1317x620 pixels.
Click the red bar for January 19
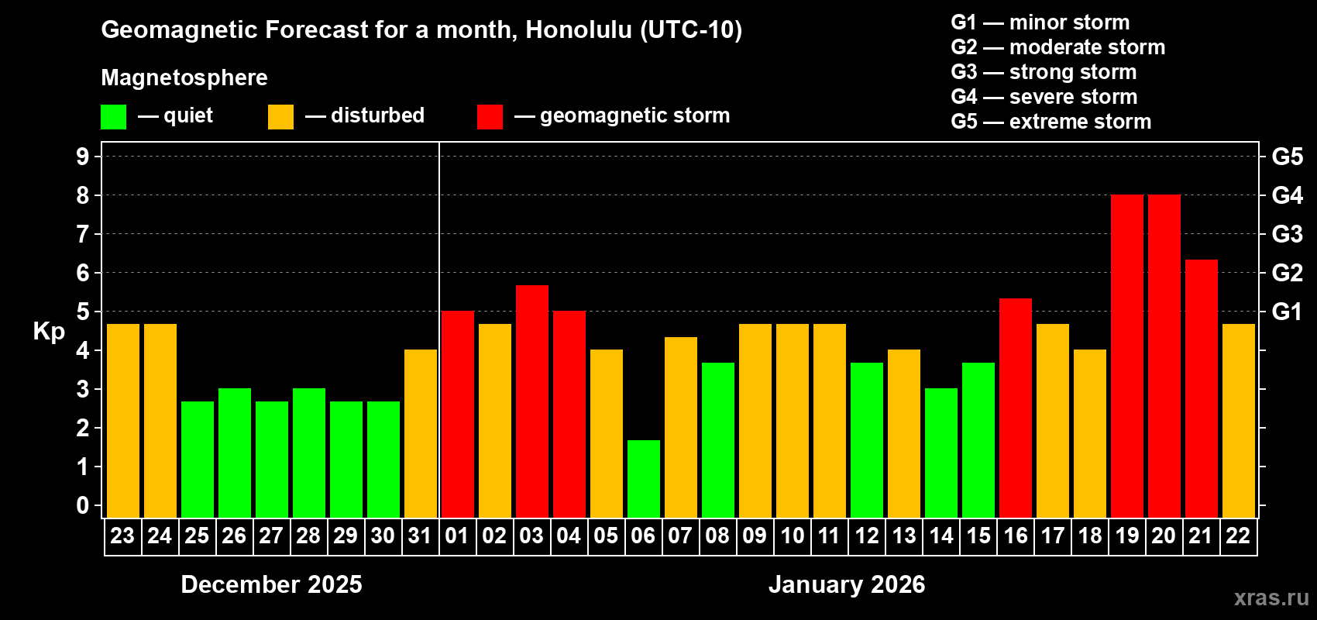1126,356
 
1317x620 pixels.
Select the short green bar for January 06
643,479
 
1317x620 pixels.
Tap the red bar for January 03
531,401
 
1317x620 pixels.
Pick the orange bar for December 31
420,434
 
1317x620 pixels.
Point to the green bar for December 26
234,453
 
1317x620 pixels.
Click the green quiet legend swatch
113,117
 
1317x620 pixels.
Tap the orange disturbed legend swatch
280,117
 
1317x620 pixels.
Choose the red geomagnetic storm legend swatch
490,117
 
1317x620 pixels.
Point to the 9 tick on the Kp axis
83,157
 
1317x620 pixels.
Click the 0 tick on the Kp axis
83,506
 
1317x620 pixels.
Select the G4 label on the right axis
1287,195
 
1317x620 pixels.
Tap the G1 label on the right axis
1287,312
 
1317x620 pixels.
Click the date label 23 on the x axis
122,536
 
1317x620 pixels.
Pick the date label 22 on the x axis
1238,536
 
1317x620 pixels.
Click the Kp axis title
49,332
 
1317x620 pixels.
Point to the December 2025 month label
271,584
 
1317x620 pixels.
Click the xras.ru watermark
1271,598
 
